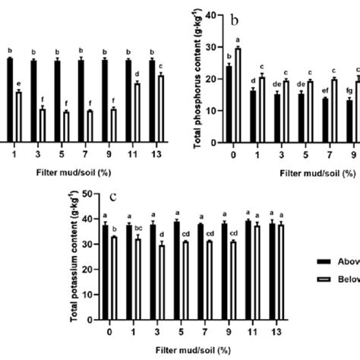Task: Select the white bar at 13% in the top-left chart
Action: pyautogui.click(x=160, y=107)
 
